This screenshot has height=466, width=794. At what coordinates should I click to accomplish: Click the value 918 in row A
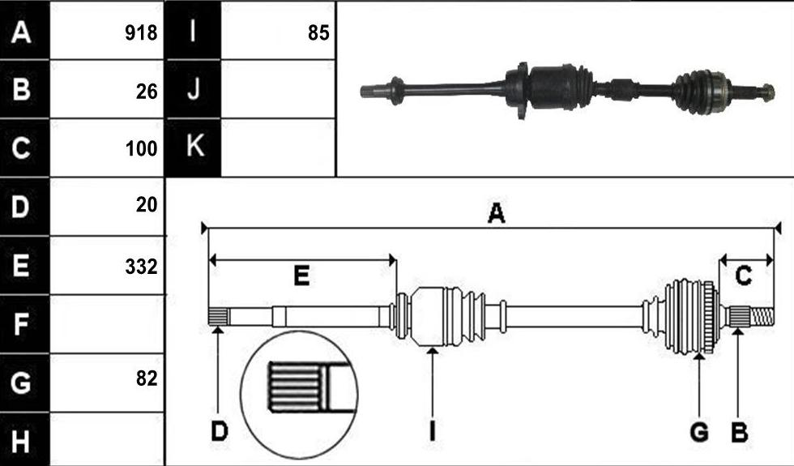click(141, 33)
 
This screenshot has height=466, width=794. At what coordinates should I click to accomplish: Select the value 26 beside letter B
click(147, 92)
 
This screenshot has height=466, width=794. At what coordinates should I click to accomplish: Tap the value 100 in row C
click(141, 148)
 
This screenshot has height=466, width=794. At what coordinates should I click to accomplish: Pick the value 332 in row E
click(141, 267)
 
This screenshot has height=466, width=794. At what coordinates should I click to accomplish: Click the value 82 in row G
click(147, 378)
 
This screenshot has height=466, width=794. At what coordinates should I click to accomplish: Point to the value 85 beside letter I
click(318, 33)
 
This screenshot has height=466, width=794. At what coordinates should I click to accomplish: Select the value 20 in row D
click(147, 204)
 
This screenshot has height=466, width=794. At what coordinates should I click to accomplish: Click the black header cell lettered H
click(25, 439)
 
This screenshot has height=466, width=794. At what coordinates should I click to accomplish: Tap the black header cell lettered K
click(194, 147)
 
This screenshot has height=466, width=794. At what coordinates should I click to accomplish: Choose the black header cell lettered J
click(194, 89)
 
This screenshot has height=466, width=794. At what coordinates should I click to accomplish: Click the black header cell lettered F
click(25, 324)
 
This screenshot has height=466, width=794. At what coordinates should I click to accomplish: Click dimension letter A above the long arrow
click(496, 213)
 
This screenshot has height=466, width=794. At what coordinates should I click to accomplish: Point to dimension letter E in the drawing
click(301, 276)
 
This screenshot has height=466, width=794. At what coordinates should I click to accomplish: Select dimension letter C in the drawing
click(744, 276)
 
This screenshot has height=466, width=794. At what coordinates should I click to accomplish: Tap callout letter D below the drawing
click(220, 431)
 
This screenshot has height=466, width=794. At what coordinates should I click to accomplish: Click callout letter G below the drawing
click(699, 432)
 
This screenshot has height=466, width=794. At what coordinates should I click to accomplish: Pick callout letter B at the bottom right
click(739, 432)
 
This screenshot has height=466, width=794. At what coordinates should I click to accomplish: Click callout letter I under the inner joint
click(432, 431)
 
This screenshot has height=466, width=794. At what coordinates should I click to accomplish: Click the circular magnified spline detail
click(299, 395)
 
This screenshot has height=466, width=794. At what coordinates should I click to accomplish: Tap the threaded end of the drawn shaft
click(762, 317)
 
